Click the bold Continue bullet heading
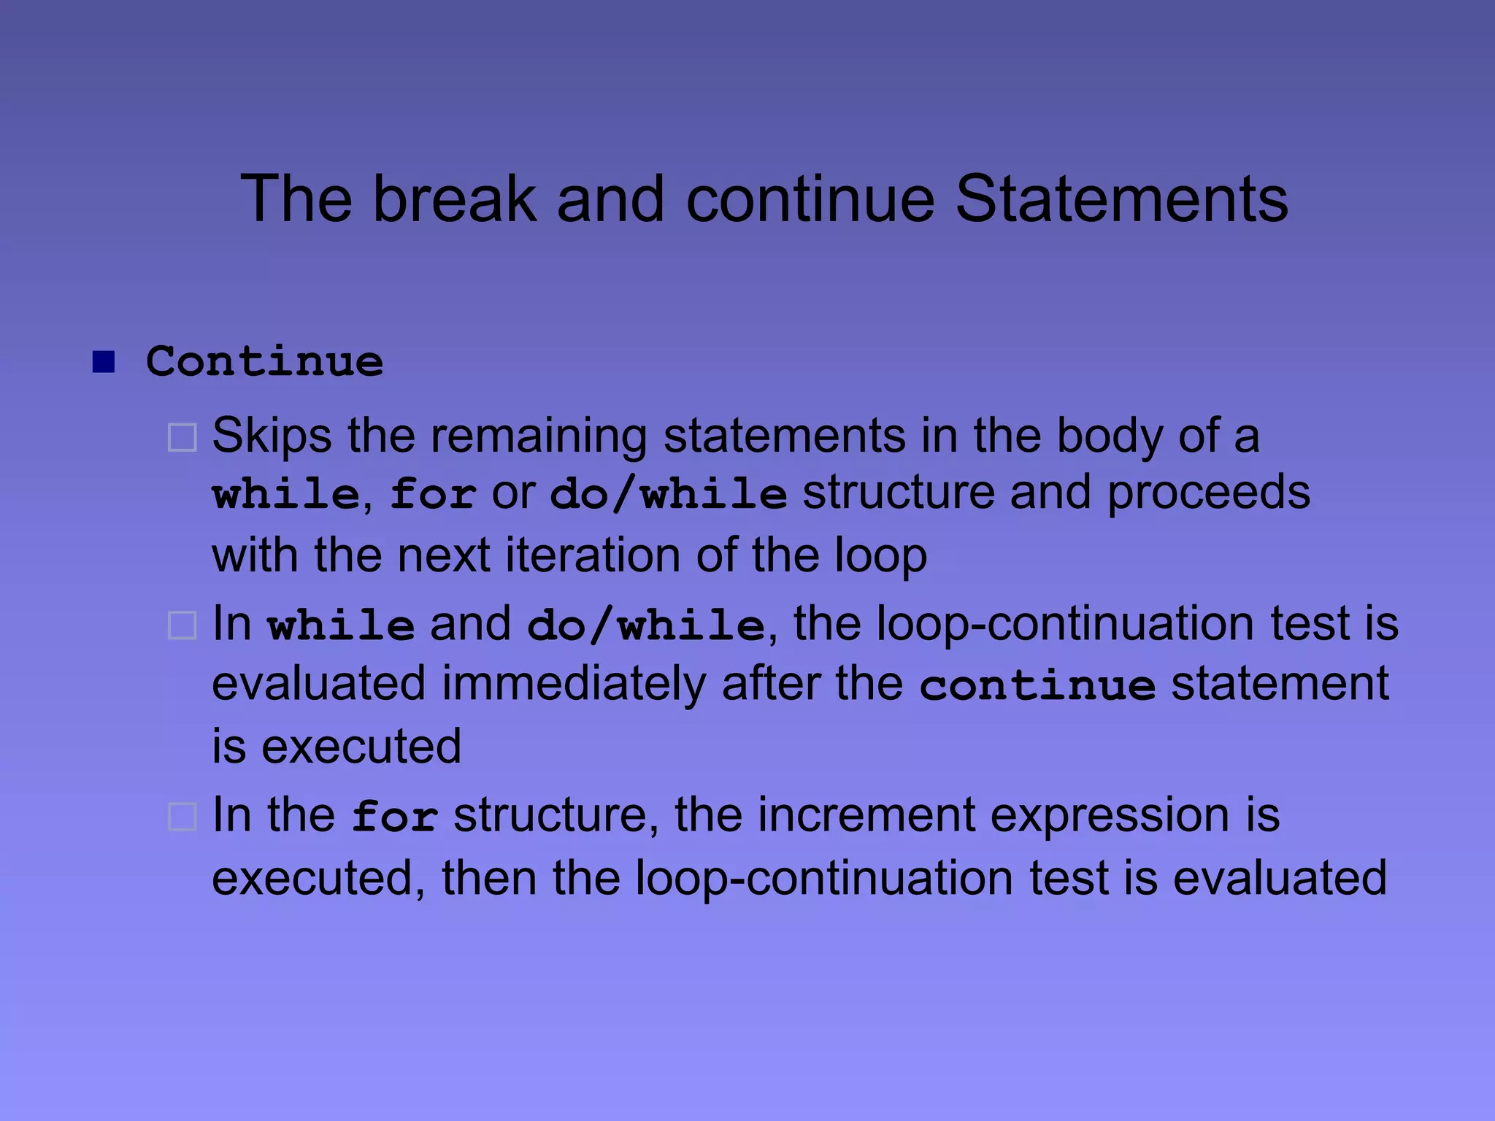(x=264, y=361)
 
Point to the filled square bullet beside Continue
(x=104, y=361)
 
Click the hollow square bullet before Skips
(x=182, y=438)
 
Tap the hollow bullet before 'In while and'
(x=182, y=626)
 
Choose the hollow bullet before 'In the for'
(x=182, y=817)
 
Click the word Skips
(x=272, y=436)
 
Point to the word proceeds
(x=1208, y=493)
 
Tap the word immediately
(x=573, y=685)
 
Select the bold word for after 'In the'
(x=395, y=817)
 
